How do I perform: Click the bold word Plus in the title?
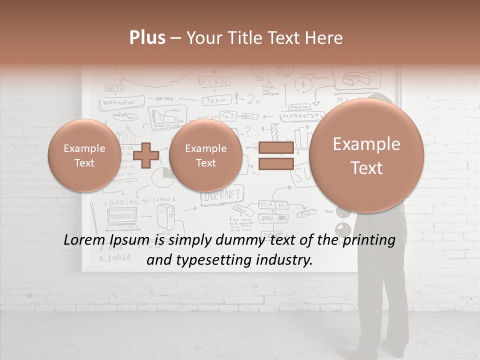pos(147,38)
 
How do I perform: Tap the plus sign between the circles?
pos(146,155)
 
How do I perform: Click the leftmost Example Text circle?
pos(84,155)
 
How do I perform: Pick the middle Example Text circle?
pos(205,155)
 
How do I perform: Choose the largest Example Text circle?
pos(366,155)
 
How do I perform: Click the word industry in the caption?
pos(285,260)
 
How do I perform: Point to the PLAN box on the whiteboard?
pos(215,81)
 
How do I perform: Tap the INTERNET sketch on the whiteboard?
pos(222,194)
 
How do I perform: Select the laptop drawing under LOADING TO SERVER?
pos(122,216)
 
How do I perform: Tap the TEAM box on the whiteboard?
pos(216,100)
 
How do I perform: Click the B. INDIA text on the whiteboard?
pos(115,258)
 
